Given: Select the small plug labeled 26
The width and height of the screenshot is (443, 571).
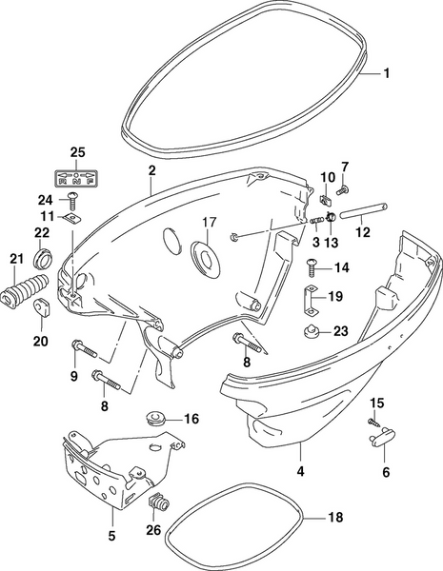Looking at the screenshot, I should point(159,502).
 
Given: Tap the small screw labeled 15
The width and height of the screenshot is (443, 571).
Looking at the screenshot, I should point(374,420).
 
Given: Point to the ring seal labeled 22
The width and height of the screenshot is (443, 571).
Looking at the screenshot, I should point(44,257).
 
